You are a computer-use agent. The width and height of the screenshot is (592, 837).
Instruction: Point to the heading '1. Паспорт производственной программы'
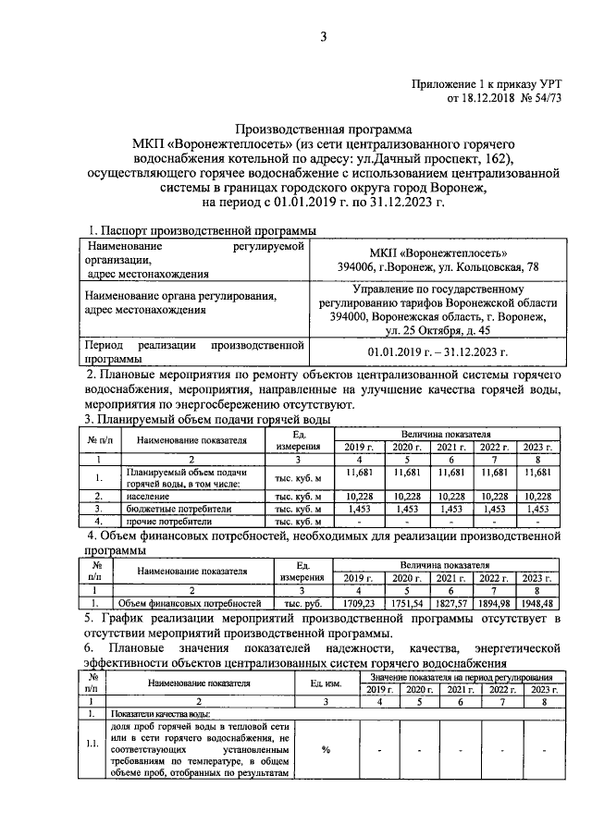click(201, 229)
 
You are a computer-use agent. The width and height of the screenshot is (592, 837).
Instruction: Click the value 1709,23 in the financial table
click(351, 603)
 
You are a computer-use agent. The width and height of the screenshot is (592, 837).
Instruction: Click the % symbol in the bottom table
click(326, 749)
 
